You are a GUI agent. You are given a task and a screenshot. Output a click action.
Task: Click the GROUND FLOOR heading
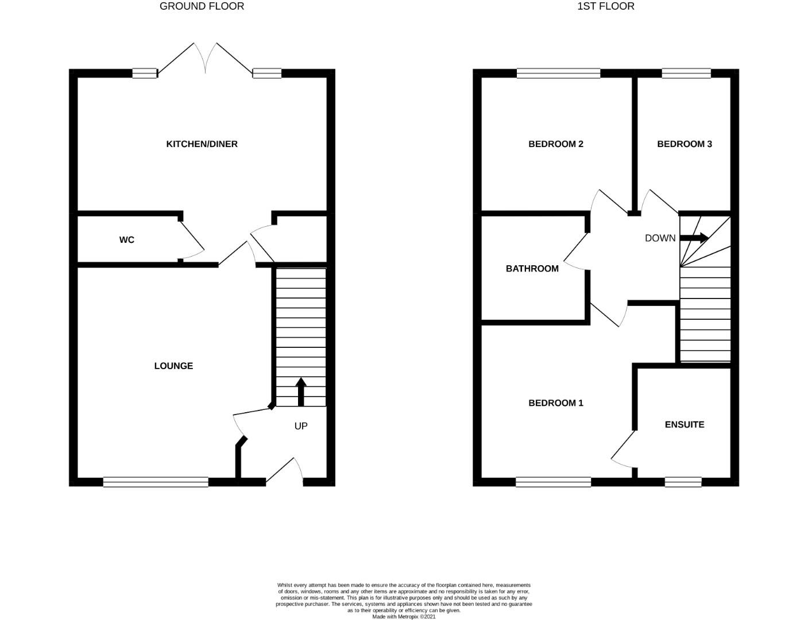point(202,6)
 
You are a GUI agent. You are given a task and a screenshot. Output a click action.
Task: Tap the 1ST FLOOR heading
point(606,6)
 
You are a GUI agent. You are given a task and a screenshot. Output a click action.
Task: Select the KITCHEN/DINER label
point(202,144)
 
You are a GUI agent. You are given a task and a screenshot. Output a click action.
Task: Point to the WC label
point(127,240)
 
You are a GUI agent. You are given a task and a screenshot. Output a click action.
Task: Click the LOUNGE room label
point(173,366)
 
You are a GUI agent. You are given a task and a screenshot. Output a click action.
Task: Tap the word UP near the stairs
point(301,426)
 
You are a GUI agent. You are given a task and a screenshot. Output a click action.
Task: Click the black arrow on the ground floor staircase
point(300,392)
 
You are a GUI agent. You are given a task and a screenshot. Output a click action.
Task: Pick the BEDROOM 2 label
point(555,144)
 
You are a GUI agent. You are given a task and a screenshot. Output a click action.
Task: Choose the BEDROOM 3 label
point(684,144)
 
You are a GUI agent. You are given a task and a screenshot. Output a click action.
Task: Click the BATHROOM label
point(532,269)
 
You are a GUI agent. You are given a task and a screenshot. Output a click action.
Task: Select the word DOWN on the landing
point(660,238)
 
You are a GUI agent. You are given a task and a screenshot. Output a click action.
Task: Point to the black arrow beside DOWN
point(695,238)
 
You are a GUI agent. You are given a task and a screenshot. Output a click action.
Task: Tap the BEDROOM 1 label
point(555,403)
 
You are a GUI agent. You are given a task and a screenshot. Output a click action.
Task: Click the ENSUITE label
point(684,425)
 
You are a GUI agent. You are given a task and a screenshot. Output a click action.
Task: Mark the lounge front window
point(156,482)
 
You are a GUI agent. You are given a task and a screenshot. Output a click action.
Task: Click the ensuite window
point(683,482)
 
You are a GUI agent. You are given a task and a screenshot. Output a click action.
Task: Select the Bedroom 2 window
point(558,73)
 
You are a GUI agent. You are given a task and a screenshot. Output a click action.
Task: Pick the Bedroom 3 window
point(686,73)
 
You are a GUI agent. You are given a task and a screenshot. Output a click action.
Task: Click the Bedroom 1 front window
point(553,482)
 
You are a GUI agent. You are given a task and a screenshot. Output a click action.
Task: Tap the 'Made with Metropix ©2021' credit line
point(404,617)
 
